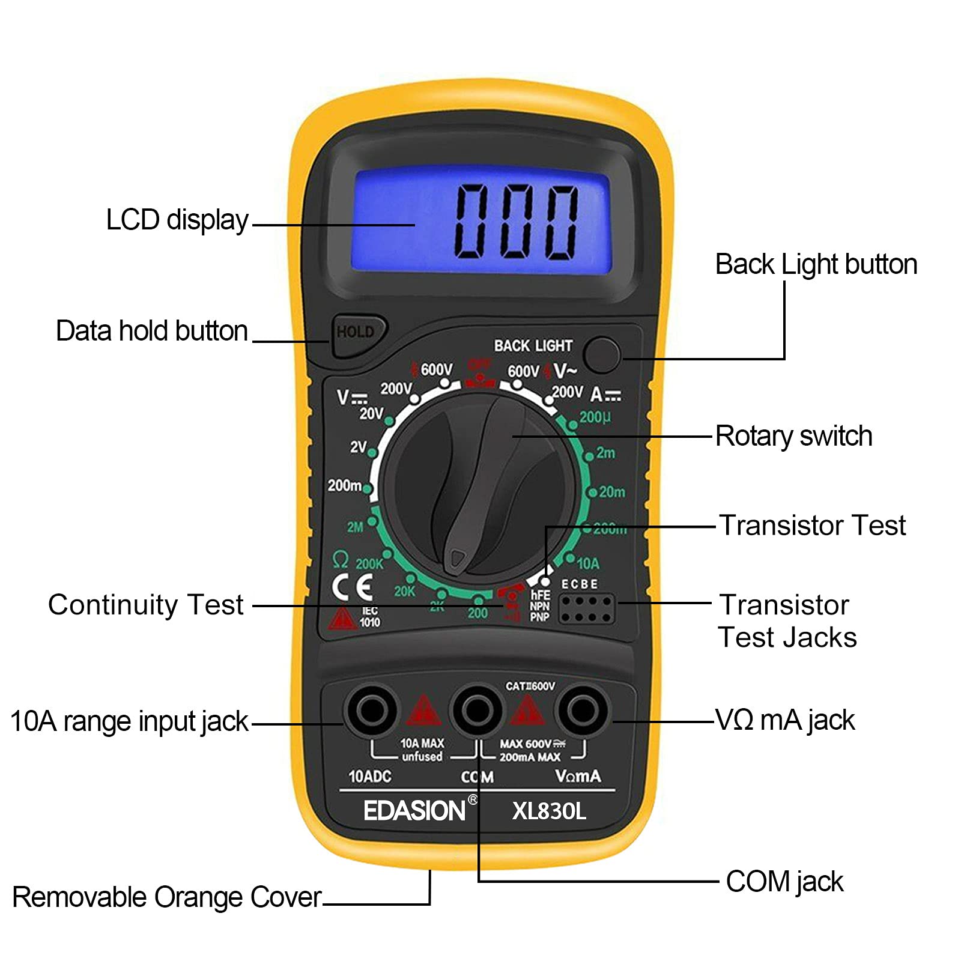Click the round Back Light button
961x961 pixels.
click(602, 354)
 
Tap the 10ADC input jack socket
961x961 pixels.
click(372, 711)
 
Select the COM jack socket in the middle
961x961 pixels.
click(477, 711)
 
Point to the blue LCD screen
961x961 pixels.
click(480, 220)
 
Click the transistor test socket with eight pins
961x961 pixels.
click(587, 608)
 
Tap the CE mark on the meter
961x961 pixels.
click(352, 587)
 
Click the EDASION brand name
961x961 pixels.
click(414, 811)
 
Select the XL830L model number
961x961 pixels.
click(548, 811)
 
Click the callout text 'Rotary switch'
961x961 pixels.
click(793, 436)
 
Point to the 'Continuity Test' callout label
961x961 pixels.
click(146, 605)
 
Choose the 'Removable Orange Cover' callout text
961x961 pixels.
click(167, 897)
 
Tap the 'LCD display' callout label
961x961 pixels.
click(177, 220)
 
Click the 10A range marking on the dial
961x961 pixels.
click(588, 563)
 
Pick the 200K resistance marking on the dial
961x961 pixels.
click(369, 563)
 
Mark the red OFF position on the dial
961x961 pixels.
click(479, 365)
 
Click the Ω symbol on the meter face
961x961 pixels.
click(340, 560)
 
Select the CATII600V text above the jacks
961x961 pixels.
click(530, 686)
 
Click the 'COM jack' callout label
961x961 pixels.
click(784, 882)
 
